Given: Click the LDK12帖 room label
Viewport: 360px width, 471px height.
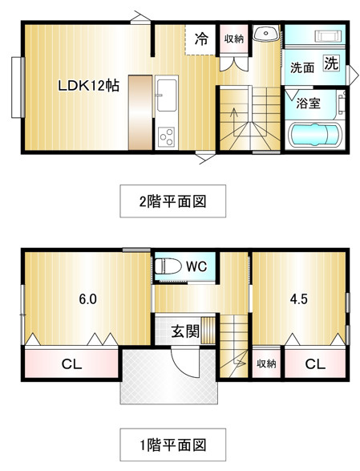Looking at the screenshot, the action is point(88,86).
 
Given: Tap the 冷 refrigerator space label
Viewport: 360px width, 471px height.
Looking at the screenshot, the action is point(201,39).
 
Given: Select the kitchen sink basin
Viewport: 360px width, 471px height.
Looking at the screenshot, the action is point(167,95).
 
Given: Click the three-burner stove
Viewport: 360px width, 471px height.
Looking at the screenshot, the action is point(167,137).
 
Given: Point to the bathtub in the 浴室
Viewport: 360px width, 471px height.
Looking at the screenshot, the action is point(314,135).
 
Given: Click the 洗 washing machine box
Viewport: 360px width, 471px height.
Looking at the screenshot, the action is point(331,63).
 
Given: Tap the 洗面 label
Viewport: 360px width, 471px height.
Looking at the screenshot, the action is point(302,68).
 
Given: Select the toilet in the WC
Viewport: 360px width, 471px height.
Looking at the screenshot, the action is point(168,266).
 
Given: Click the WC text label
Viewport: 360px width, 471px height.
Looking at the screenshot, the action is point(196,266).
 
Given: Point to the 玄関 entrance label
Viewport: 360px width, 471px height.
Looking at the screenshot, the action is point(185,331).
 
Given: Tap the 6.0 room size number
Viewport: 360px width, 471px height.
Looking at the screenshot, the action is point(87,298).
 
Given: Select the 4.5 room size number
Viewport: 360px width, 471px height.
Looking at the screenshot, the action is point(299,298).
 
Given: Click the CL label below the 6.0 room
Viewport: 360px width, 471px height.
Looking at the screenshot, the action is point(71,364).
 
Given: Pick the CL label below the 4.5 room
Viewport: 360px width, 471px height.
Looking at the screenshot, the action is point(315,364).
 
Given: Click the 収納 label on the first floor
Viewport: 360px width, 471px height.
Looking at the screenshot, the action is point(266,363).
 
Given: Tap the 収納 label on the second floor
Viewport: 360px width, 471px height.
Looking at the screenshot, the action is point(234,39).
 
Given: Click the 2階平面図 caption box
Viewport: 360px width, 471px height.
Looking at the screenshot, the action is point(173,201).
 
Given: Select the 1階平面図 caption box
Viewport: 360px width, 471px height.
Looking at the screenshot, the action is point(173,445).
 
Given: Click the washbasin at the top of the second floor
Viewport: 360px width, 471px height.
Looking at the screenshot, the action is point(266,33).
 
